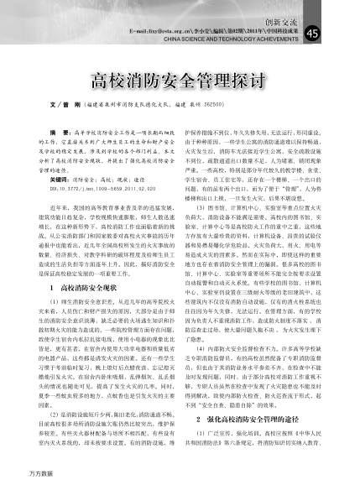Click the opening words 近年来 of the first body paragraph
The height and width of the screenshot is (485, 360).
click(58, 206)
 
